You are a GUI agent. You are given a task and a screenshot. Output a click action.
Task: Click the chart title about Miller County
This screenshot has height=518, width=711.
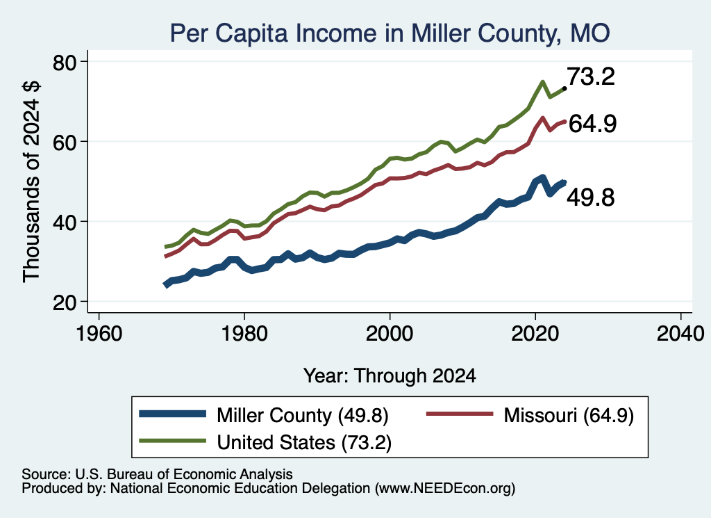pos(390,33)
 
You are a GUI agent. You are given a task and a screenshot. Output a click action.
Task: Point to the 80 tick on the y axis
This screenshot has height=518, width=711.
pos(65,62)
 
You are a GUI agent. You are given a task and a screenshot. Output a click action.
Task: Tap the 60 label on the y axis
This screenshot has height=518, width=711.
pos(65,142)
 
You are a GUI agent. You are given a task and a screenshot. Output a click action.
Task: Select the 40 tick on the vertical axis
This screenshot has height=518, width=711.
pos(65,222)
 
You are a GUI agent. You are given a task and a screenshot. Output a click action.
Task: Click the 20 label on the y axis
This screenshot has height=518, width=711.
pos(65,302)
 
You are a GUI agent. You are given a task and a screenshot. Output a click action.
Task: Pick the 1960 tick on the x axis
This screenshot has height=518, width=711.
pos(99,334)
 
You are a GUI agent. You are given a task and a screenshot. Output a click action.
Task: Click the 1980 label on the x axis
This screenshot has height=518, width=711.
pos(244,334)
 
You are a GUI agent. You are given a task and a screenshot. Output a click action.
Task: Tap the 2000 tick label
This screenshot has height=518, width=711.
pos(390,334)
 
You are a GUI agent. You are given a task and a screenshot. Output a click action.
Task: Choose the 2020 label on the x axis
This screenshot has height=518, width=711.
pos(535,334)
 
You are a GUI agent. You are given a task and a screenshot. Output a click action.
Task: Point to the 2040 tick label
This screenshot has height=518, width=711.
pos(680,334)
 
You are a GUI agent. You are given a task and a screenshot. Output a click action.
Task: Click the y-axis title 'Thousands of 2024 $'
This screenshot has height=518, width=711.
pos(31,181)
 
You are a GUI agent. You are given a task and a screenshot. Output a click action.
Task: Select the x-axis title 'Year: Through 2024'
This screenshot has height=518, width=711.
pos(390,376)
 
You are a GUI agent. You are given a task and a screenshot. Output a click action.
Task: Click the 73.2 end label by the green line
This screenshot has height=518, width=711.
pos(591,76)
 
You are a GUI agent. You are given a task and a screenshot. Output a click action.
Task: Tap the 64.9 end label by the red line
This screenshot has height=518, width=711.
pos(592,124)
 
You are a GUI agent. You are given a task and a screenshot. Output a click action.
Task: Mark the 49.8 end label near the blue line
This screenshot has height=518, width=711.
pos(591,197)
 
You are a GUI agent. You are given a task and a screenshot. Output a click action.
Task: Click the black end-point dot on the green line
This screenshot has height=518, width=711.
pos(564,88)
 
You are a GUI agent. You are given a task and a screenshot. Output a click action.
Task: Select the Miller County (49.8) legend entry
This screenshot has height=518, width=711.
pos(264,415)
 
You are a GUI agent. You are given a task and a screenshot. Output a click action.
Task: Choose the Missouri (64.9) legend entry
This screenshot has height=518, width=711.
pos(530,415)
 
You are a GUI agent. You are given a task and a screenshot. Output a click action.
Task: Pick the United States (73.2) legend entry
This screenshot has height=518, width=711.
pos(265,442)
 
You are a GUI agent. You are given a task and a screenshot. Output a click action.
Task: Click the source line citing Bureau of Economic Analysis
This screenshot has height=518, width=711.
pos(157,474)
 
